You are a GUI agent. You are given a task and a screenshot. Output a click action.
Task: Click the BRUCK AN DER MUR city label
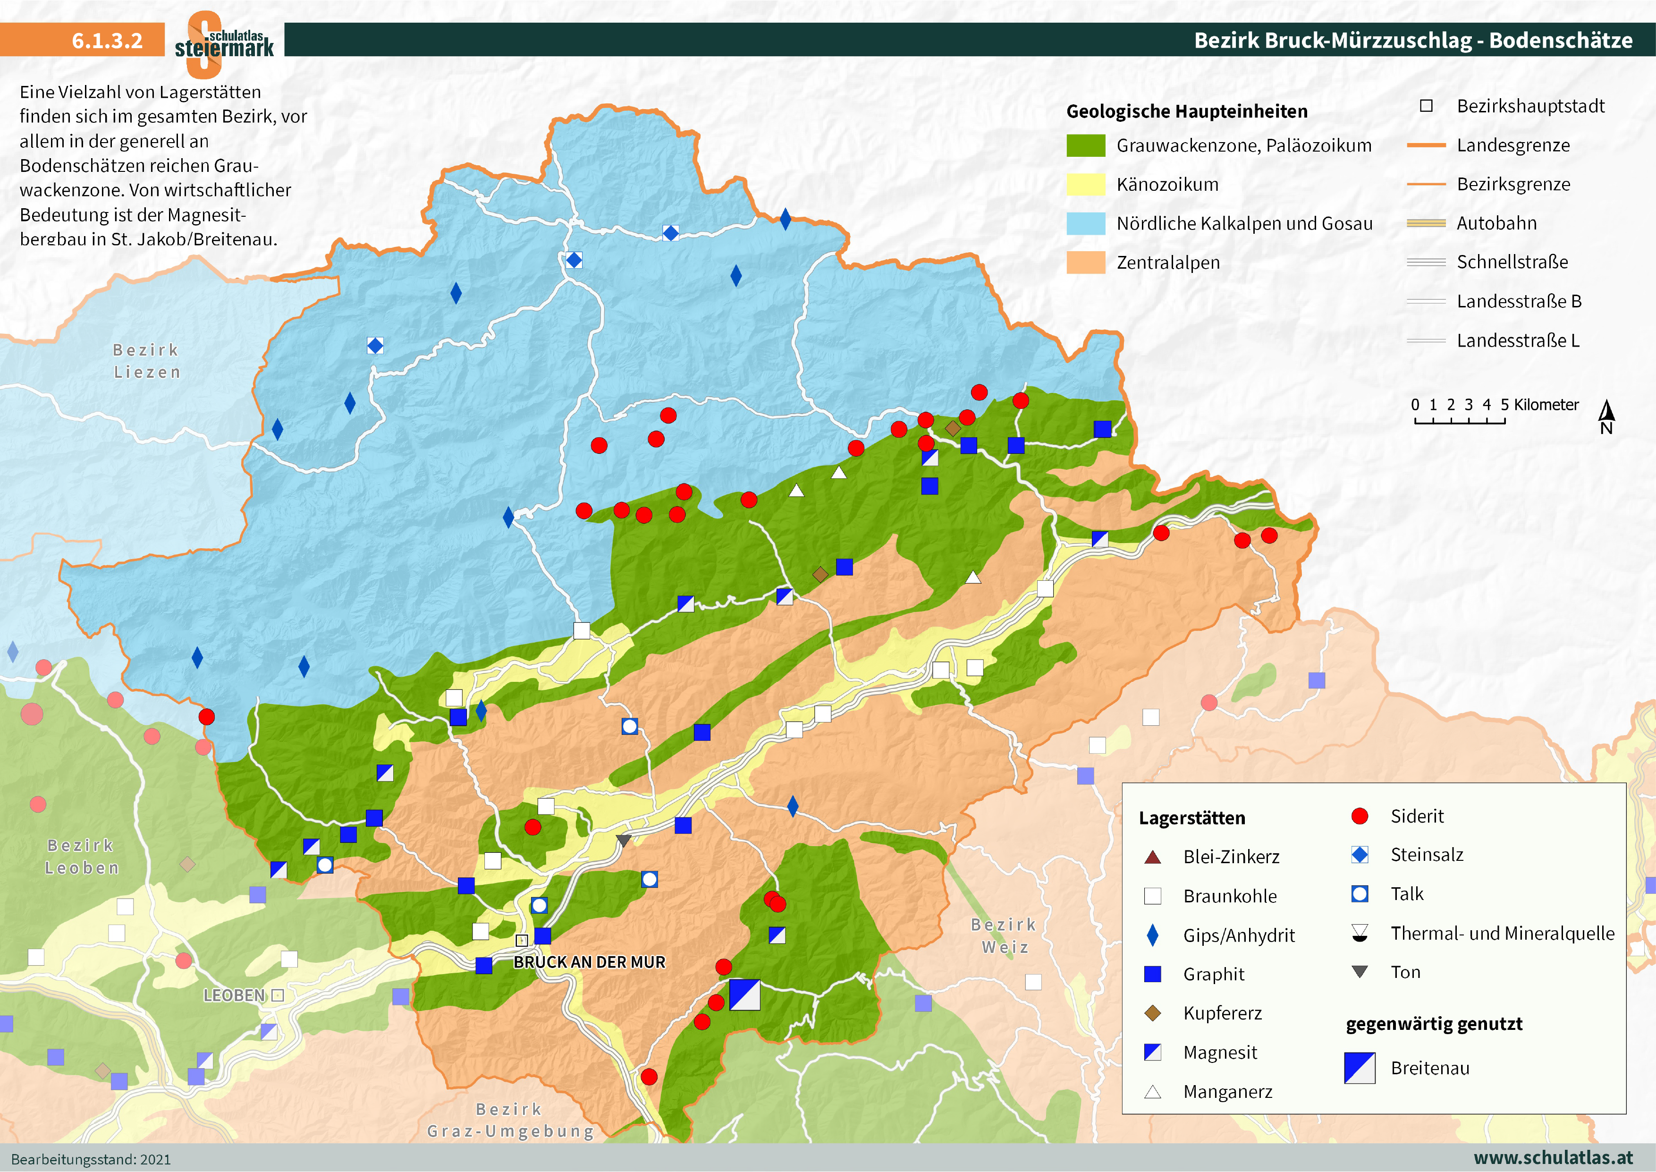pyautogui.click(x=589, y=962)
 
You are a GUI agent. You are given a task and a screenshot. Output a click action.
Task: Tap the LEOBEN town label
pyautogui.click(x=235, y=995)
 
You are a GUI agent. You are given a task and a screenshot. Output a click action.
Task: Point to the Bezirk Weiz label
pyautogui.click(x=1004, y=935)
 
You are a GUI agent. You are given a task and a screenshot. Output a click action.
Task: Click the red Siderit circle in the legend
pyautogui.click(x=1360, y=816)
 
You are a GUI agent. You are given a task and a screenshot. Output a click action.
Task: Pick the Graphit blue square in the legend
pyautogui.click(x=1153, y=974)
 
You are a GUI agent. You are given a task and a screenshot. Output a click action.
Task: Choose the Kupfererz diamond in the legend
pyautogui.click(x=1153, y=1013)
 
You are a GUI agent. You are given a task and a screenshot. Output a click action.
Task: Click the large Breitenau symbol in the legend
pyautogui.click(x=1360, y=1068)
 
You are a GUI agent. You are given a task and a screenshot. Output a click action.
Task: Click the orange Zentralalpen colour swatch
pyautogui.click(x=1085, y=263)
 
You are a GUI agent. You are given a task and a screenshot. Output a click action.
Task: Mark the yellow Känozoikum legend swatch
pyautogui.click(x=1085, y=185)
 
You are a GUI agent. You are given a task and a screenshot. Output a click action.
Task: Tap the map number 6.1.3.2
pyautogui.click(x=107, y=41)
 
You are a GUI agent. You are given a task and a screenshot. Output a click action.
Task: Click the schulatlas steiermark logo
pyautogui.click(x=224, y=43)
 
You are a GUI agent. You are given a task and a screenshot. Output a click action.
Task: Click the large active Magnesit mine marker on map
pyautogui.click(x=744, y=994)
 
